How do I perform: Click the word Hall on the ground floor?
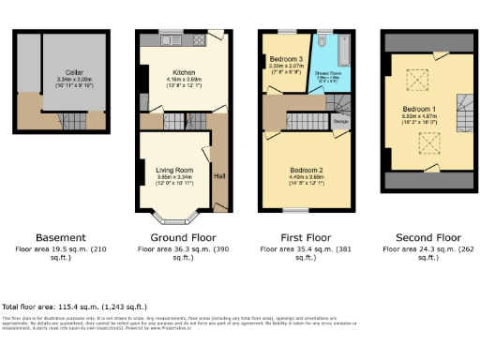point(219,174)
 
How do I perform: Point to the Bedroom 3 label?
point(284,57)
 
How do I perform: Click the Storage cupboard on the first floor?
point(341,120)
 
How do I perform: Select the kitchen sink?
point(167,40)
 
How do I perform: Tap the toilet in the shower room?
point(321,42)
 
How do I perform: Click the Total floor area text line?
point(74,307)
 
